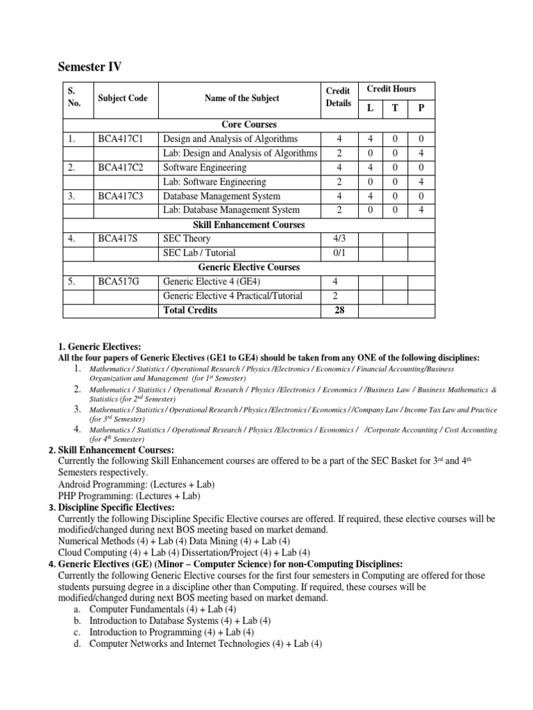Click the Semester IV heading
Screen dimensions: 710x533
[x=89, y=67]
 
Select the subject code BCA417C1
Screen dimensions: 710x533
[x=121, y=139]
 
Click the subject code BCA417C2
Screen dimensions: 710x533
[x=121, y=167]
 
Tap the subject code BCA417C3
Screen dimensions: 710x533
[x=121, y=196]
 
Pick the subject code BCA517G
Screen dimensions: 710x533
[x=119, y=282]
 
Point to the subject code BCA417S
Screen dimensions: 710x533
[x=118, y=239]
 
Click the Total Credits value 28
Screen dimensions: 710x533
[x=339, y=310]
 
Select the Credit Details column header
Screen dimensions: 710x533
[x=339, y=98]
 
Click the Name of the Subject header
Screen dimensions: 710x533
[x=242, y=98]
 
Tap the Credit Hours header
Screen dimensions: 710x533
[x=392, y=89]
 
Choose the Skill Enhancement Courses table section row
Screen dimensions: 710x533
[x=249, y=225]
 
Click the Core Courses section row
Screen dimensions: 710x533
[x=249, y=124]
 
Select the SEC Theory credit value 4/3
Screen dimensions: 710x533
[x=339, y=239]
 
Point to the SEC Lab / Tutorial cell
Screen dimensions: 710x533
[x=199, y=253]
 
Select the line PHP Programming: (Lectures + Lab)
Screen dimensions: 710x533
[x=129, y=496]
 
